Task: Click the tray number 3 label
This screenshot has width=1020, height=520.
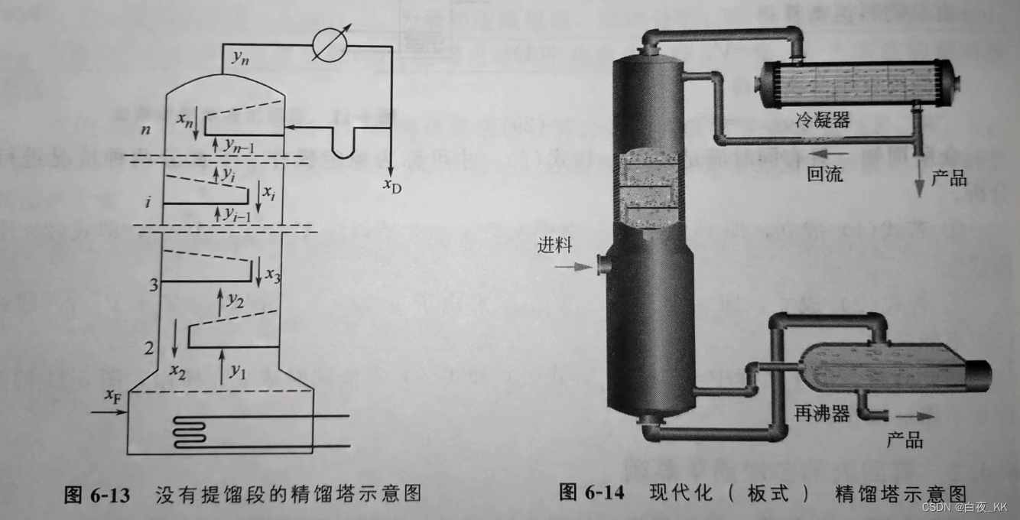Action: coord(154,284)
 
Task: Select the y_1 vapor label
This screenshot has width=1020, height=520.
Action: coord(238,372)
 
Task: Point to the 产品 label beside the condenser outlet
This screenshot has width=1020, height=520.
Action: coord(948,180)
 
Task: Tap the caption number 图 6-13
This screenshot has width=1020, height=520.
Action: coord(96,493)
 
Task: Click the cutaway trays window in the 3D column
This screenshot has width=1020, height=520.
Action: coord(649,188)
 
